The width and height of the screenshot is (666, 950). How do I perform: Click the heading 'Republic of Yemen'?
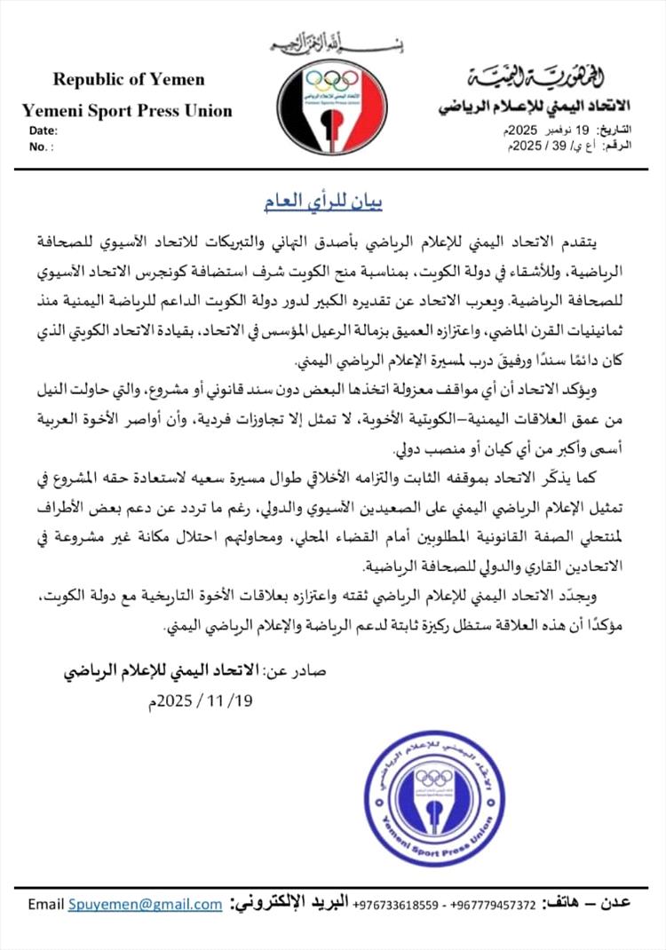pos(129,79)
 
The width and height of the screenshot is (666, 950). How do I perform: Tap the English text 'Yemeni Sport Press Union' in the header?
pos(127,111)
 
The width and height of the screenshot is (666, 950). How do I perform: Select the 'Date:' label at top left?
pos(44,131)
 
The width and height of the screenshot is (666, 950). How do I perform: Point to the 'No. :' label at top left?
pos(42,146)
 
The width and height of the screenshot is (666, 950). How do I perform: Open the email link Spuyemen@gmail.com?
pos(145,904)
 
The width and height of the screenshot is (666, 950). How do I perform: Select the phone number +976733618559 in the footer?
pos(396,905)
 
